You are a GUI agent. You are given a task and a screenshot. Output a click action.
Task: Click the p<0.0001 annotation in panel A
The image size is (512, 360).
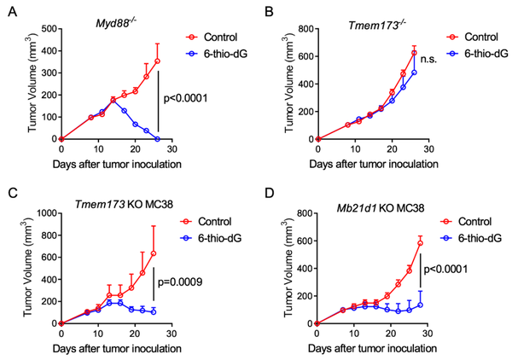[193, 100]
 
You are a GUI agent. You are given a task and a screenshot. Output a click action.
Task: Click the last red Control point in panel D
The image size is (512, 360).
[421, 243]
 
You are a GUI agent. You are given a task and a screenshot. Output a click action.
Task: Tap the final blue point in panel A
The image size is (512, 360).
[158, 138]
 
